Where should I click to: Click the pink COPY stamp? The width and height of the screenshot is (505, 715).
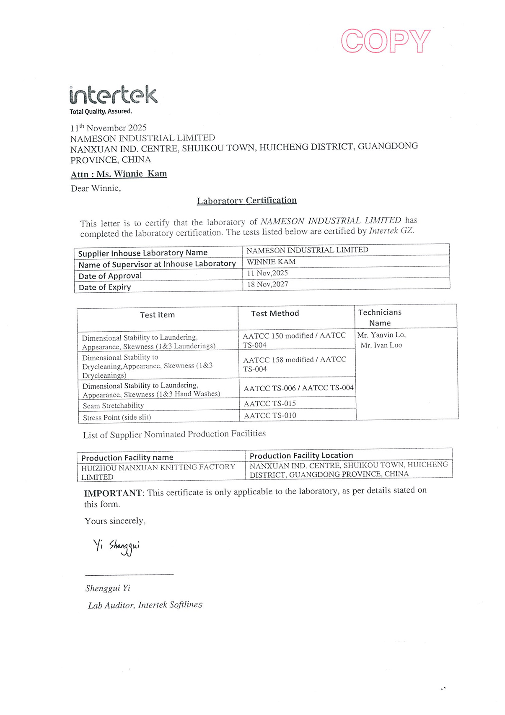pyautogui.click(x=385, y=41)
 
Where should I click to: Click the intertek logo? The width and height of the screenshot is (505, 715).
pyautogui.click(x=113, y=96)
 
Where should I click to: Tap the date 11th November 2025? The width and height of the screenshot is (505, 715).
pyautogui.click(x=109, y=128)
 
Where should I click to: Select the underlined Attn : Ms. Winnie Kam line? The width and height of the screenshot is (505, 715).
pyautogui.click(x=119, y=174)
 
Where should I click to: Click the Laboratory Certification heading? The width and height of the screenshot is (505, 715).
pyautogui.click(x=247, y=200)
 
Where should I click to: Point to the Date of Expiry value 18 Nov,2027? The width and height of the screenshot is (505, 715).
pyautogui.click(x=267, y=284)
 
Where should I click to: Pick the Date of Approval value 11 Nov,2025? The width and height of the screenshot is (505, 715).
pyautogui.click(x=267, y=273)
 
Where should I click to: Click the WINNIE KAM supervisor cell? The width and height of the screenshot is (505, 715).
pyautogui.click(x=271, y=262)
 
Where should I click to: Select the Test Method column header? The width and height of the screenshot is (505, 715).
pyautogui.click(x=275, y=313)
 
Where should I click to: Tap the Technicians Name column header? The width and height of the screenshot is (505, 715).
pyautogui.click(x=380, y=317)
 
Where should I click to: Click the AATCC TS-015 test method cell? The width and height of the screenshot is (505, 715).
pyautogui.click(x=270, y=403)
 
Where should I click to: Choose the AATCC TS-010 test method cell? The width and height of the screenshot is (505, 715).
pyautogui.click(x=270, y=416)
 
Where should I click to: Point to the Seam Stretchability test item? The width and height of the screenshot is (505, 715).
pyautogui.click(x=113, y=406)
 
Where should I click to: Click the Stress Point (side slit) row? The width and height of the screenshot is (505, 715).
pyautogui.click(x=117, y=417)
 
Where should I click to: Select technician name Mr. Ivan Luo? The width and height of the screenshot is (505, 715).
pyautogui.click(x=381, y=345)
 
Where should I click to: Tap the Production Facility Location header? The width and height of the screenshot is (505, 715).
pyautogui.click(x=301, y=455)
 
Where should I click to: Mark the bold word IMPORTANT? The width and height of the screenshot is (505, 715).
pyautogui.click(x=113, y=493)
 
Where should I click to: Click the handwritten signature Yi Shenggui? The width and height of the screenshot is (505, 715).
pyautogui.click(x=117, y=546)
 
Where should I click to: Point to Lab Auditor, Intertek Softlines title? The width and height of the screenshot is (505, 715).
pyautogui.click(x=145, y=605)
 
